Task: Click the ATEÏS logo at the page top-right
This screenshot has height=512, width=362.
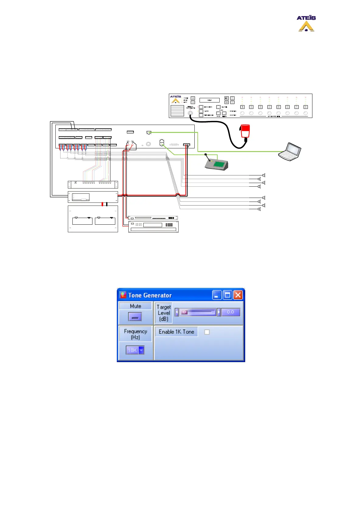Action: pos(306,23)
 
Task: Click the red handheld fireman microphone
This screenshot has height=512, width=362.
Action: pos(245,131)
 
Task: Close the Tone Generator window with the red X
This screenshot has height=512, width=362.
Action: pos(238,295)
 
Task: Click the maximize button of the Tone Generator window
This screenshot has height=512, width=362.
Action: pos(227,295)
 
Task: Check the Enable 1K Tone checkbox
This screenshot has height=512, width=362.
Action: pos(207,332)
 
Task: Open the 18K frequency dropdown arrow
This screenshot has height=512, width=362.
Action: pos(141,350)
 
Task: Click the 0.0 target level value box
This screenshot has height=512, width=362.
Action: pos(231,312)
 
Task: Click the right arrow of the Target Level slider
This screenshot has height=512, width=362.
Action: pos(219,312)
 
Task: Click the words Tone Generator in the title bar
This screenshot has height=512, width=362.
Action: pos(150,295)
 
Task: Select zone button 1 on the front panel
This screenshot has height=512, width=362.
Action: pos(242,107)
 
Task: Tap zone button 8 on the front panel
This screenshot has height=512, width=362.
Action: pos(306,107)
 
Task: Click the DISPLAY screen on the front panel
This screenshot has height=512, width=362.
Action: pos(209,100)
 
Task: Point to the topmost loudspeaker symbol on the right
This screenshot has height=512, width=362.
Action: pos(264,175)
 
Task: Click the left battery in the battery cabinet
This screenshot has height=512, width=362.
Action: pos(82,221)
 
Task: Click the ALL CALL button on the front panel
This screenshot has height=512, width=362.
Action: pos(218,107)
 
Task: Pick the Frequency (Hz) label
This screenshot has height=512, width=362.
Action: pos(135,334)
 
